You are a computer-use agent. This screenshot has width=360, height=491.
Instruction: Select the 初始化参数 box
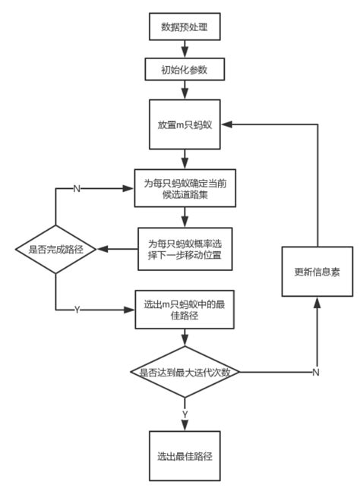(x=185, y=70)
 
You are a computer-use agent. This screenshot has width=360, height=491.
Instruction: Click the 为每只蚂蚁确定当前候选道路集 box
(x=185, y=187)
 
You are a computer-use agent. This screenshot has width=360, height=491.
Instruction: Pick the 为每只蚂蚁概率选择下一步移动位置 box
(x=185, y=249)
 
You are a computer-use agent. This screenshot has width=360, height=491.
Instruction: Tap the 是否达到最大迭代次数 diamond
(x=185, y=371)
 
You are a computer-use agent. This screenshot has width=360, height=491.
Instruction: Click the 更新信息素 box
(x=317, y=271)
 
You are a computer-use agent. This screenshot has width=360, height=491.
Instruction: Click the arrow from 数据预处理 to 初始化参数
(x=185, y=49)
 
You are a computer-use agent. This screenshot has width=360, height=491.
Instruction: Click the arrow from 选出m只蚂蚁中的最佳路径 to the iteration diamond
(x=185, y=337)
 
